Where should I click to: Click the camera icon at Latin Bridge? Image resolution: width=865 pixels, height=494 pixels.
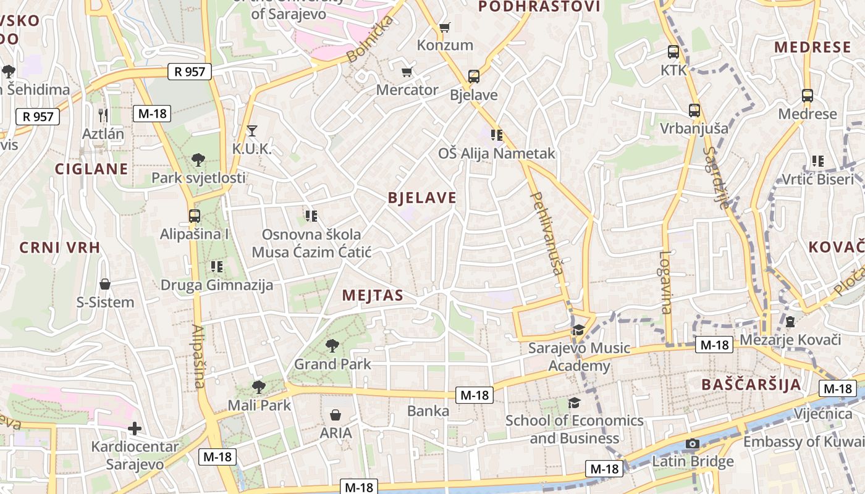[693, 444]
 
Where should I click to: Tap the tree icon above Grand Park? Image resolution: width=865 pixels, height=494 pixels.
[332, 345]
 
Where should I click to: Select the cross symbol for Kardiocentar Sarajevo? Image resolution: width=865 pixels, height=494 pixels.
[135, 428]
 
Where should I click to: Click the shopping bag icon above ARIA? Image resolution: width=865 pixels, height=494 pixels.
[335, 414]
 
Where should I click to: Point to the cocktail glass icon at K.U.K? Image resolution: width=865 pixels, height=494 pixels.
[251, 130]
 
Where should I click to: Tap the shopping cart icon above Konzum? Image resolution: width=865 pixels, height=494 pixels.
[444, 27]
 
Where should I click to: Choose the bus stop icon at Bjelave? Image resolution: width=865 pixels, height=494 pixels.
[474, 77]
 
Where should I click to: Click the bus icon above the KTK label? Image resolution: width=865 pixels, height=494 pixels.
[673, 52]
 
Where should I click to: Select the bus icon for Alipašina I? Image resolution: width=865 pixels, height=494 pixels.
[195, 216]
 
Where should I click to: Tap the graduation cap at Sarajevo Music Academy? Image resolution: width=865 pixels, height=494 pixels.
[578, 330]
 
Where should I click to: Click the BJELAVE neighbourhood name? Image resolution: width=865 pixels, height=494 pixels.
[422, 198]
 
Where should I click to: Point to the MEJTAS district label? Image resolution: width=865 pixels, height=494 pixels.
[373, 296]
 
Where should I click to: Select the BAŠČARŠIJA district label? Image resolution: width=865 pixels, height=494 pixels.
[751, 385]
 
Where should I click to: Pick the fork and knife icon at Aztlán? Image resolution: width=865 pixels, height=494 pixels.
[103, 115]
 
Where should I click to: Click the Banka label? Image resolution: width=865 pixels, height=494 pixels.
[428, 411]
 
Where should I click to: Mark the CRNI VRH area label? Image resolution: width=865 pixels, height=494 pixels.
[59, 248]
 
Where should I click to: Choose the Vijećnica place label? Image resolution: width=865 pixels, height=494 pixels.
[823, 414]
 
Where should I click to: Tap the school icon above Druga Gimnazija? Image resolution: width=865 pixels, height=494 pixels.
[216, 267]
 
